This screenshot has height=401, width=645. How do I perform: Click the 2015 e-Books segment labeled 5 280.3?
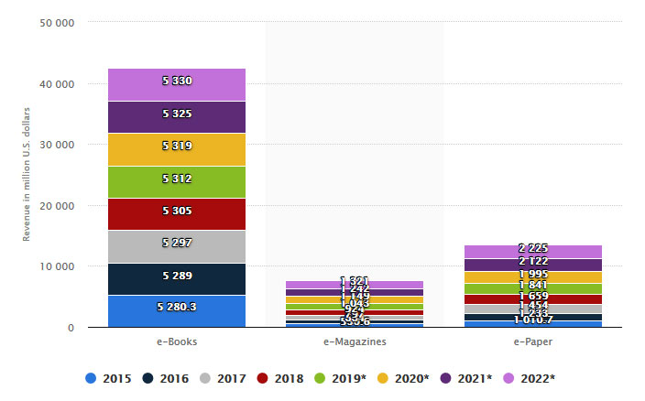click(177, 311)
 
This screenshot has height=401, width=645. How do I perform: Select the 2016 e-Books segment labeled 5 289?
click(177, 279)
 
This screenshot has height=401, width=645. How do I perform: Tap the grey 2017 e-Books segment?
click(177, 246)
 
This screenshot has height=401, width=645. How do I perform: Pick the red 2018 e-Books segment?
click(177, 214)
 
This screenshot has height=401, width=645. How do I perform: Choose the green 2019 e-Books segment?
click(177, 182)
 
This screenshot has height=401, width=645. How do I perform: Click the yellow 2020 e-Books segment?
click(177, 149)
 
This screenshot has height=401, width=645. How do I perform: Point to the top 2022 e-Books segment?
click(177, 84)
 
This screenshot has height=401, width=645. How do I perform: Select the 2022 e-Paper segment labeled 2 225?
click(533, 251)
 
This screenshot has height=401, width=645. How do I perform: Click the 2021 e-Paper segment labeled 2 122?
click(533, 265)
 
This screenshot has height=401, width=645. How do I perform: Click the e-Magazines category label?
click(355, 341)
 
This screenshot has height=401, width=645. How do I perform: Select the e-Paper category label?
click(533, 341)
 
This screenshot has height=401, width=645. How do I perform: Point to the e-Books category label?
click(177, 341)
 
